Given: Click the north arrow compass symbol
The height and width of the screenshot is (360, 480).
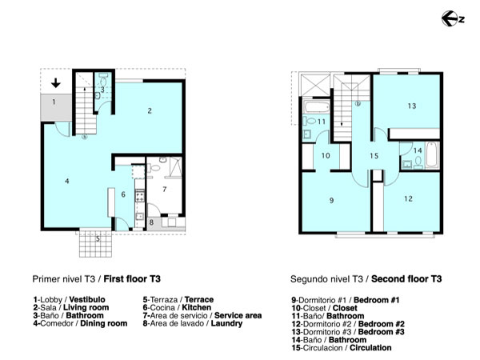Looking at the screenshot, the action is click(x=453, y=18).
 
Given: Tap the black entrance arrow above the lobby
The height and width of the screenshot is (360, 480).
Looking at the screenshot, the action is click(x=56, y=83).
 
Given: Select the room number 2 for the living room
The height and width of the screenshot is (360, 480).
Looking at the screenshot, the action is click(x=150, y=111).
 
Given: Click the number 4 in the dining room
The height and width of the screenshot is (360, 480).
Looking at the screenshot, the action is click(x=66, y=182).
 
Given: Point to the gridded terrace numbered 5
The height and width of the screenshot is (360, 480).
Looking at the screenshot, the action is click(x=96, y=244).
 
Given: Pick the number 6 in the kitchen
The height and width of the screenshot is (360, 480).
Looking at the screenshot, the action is click(x=123, y=194).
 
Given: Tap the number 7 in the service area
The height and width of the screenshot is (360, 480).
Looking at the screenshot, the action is click(x=164, y=190).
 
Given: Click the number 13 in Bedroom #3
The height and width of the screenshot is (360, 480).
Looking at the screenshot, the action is click(x=412, y=106).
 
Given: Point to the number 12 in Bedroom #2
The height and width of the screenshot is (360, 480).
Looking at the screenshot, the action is click(x=408, y=199).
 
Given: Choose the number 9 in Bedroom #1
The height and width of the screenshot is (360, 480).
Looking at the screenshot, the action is click(x=331, y=201).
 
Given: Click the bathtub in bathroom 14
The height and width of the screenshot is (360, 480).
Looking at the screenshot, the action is click(x=432, y=154).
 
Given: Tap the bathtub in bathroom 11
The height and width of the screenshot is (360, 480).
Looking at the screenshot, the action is click(x=317, y=107).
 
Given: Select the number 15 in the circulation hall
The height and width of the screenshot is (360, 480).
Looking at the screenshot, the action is click(x=374, y=156).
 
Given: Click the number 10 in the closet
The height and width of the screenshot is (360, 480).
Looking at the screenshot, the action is click(x=326, y=156).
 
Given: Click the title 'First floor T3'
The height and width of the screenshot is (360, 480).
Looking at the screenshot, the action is click(x=132, y=279).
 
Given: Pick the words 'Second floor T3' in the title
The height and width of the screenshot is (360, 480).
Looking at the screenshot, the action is click(x=406, y=279).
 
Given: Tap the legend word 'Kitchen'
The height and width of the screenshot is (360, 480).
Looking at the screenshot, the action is click(x=197, y=307).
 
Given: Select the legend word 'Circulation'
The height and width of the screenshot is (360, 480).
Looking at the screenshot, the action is click(x=370, y=348).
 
